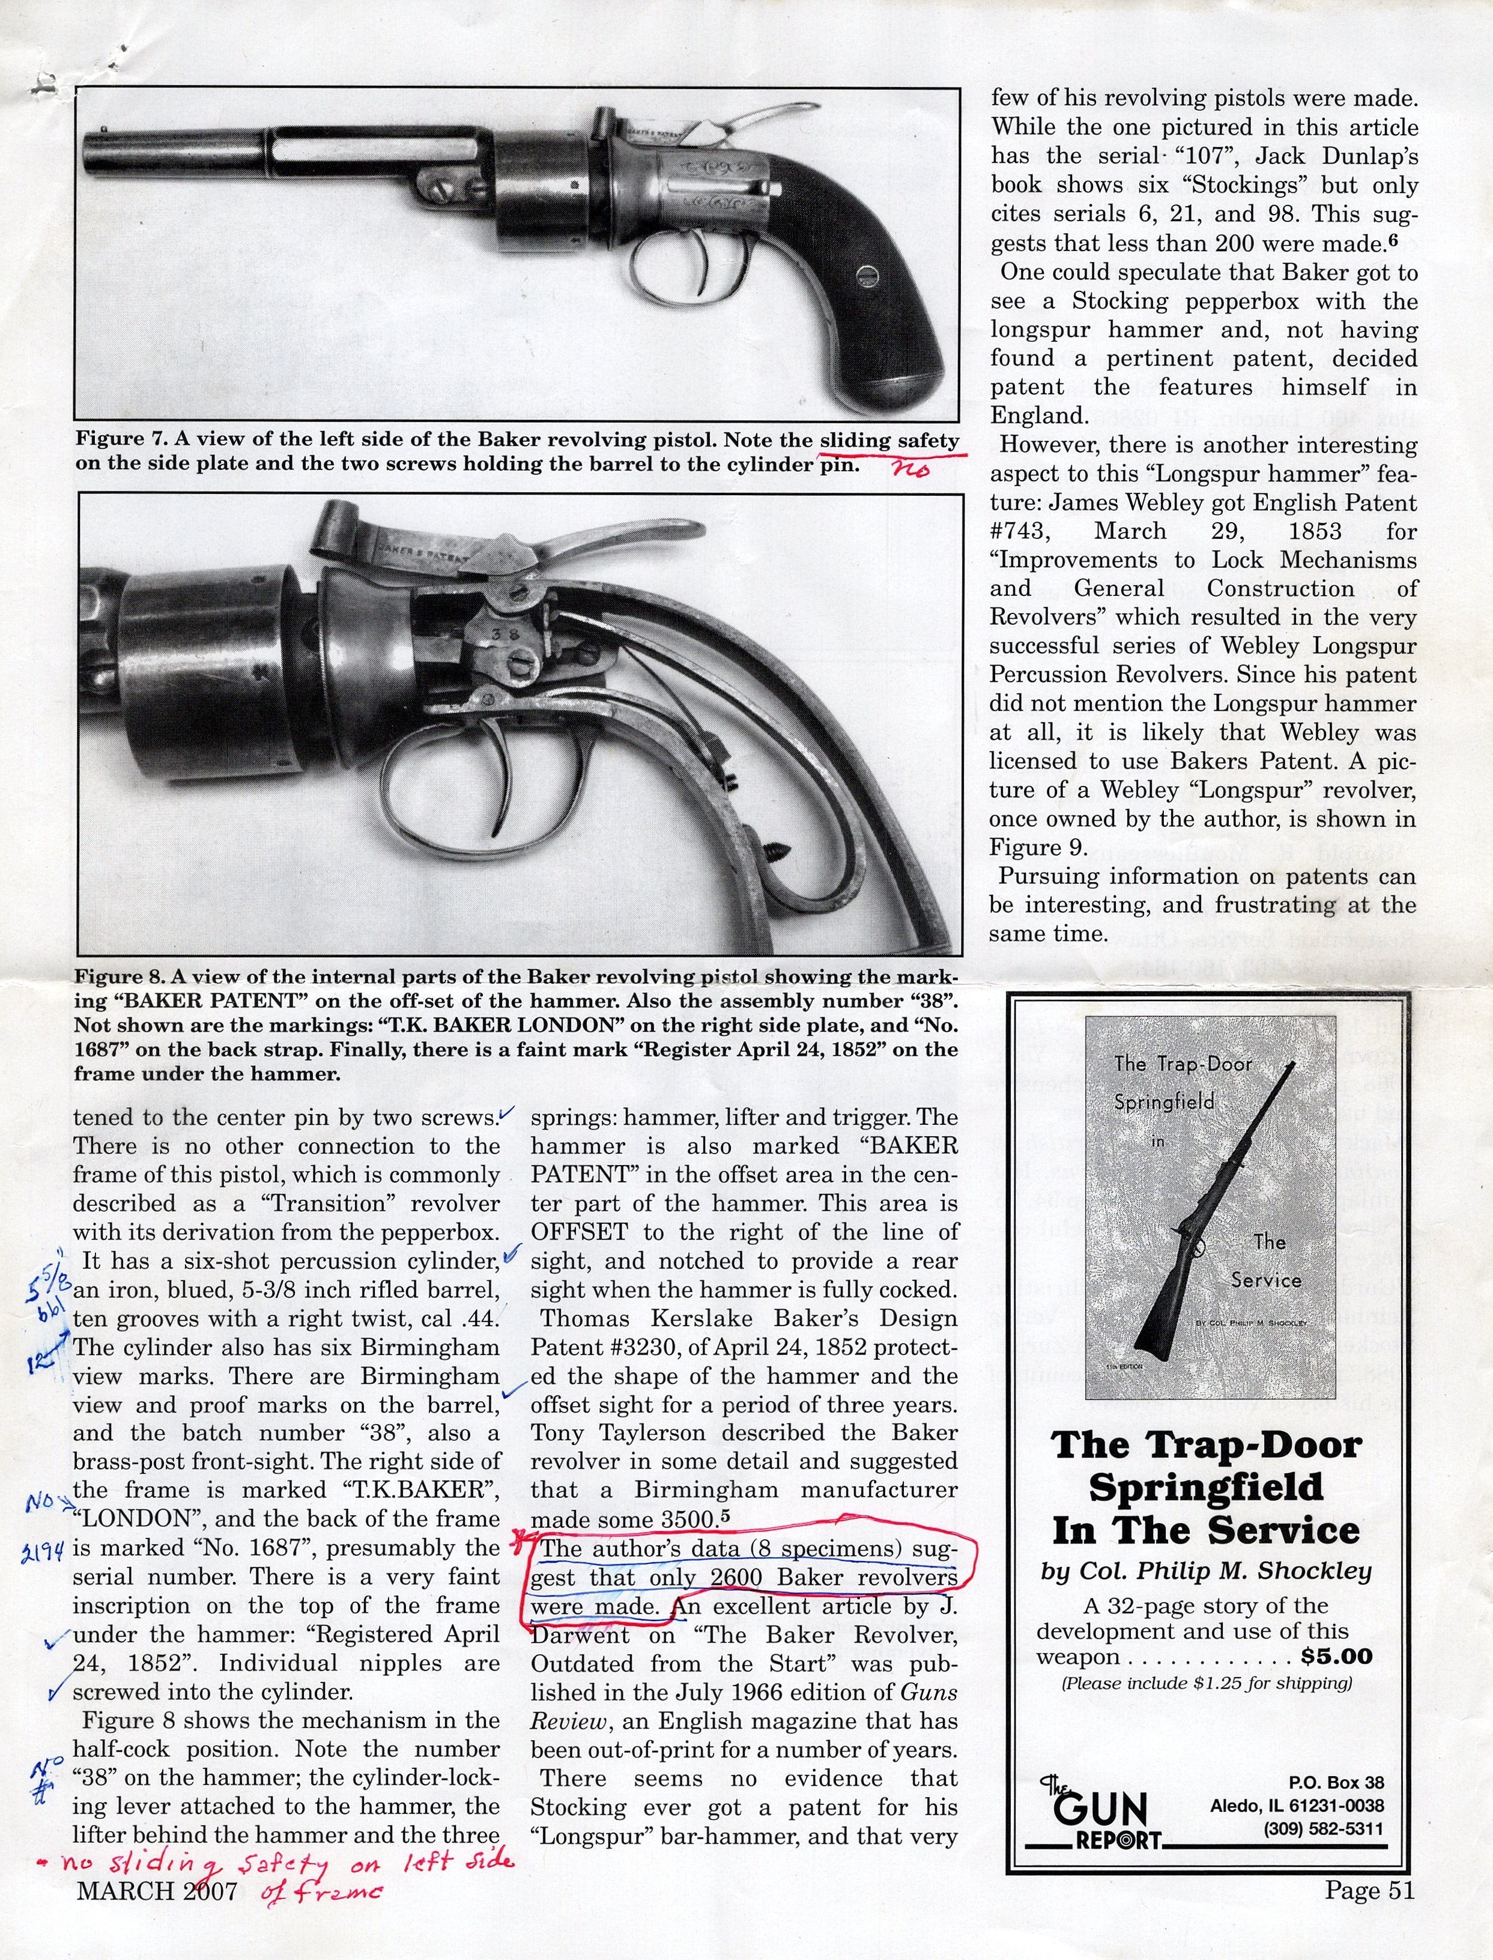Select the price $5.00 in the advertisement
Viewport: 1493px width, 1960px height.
pos(1336,1656)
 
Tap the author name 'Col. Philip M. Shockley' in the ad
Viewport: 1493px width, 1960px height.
pos(1206,1572)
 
